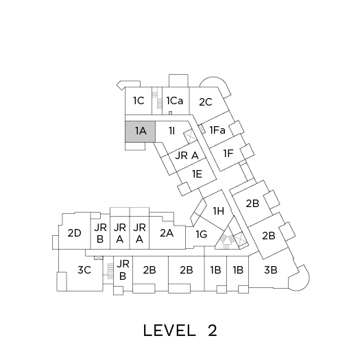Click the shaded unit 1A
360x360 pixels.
(x=140, y=132)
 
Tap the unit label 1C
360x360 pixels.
(x=139, y=101)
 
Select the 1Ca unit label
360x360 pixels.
(x=175, y=101)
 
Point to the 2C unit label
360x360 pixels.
(x=206, y=102)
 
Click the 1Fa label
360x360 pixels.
(x=217, y=130)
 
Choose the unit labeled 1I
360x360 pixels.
(x=172, y=131)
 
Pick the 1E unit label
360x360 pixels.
(x=197, y=174)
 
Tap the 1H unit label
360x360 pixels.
(x=219, y=211)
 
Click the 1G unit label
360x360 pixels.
(x=202, y=235)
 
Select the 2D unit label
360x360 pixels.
(x=74, y=233)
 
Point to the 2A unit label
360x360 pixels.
(x=167, y=233)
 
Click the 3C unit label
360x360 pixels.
(x=84, y=270)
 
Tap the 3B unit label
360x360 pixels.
(x=271, y=270)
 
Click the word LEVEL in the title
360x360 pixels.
(x=169, y=331)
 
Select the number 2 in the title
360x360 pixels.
(x=213, y=331)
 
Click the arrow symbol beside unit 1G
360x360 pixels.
(x=227, y=243)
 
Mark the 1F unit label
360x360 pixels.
(x=228, y=154)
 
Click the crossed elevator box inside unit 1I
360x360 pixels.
(x=190, y=136)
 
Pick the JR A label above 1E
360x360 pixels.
(x=187, y=156)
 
